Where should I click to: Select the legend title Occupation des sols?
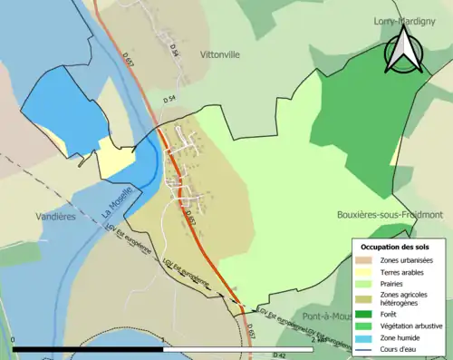click(x=396, y=247)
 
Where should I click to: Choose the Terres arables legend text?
click(x=403, y=272)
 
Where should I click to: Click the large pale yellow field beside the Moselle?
click(x=116, y=159)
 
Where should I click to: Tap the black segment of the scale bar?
click(x=87, y=349)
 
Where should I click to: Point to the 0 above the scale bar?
click(x=14, y=340)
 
